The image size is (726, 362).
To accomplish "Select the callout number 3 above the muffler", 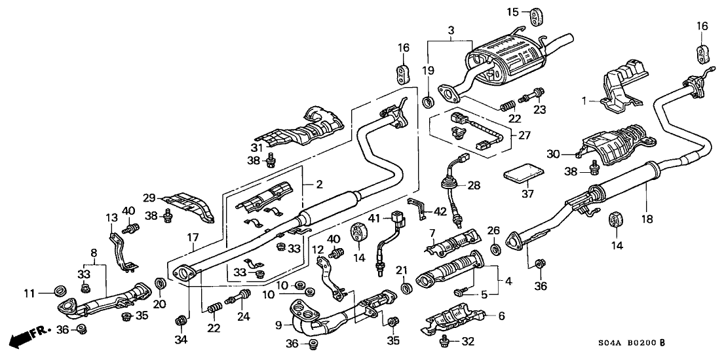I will point(450,30).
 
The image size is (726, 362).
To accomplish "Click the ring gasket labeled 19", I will point(429,100).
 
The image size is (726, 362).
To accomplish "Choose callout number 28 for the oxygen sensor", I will point(474,186).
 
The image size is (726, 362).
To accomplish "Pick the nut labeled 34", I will point(180,320).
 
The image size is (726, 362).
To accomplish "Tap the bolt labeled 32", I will point(445,339).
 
